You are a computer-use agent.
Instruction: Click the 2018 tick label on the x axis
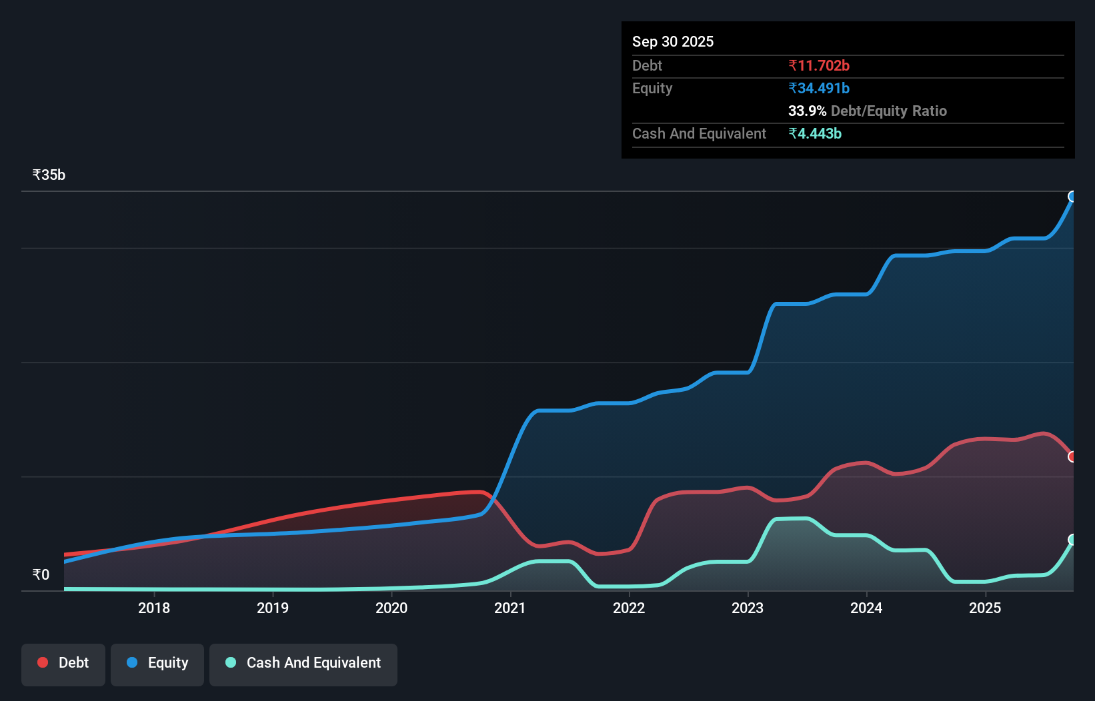[154, 608]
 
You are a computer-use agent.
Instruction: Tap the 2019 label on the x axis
[273, 608]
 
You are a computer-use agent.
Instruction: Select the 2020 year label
[391, 608]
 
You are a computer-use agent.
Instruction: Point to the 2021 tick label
[510, 608]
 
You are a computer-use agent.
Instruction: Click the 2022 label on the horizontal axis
[629, 608]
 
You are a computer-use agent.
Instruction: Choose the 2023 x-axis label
[748, 608]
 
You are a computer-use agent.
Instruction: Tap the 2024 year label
[866, 608]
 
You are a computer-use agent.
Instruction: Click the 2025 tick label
[985, 608]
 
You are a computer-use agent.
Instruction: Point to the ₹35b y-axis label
[49, 175]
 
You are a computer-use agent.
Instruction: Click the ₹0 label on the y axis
[41, 575]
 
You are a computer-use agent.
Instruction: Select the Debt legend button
[63, 663]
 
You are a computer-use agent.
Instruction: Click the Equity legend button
[157, 663]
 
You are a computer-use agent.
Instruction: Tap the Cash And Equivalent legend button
[303, 663]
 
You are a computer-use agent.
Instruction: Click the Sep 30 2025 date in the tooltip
[672, 42]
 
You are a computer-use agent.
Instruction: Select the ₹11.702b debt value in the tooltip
[818, 66]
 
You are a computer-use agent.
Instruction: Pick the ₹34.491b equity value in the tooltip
[818, 89]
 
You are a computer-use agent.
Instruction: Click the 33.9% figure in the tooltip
[807, 111]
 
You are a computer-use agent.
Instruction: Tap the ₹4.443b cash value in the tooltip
[814, 134]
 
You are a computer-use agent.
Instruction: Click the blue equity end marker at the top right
[1072, 197]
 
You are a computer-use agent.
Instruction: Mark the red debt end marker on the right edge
[1072, 457]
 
